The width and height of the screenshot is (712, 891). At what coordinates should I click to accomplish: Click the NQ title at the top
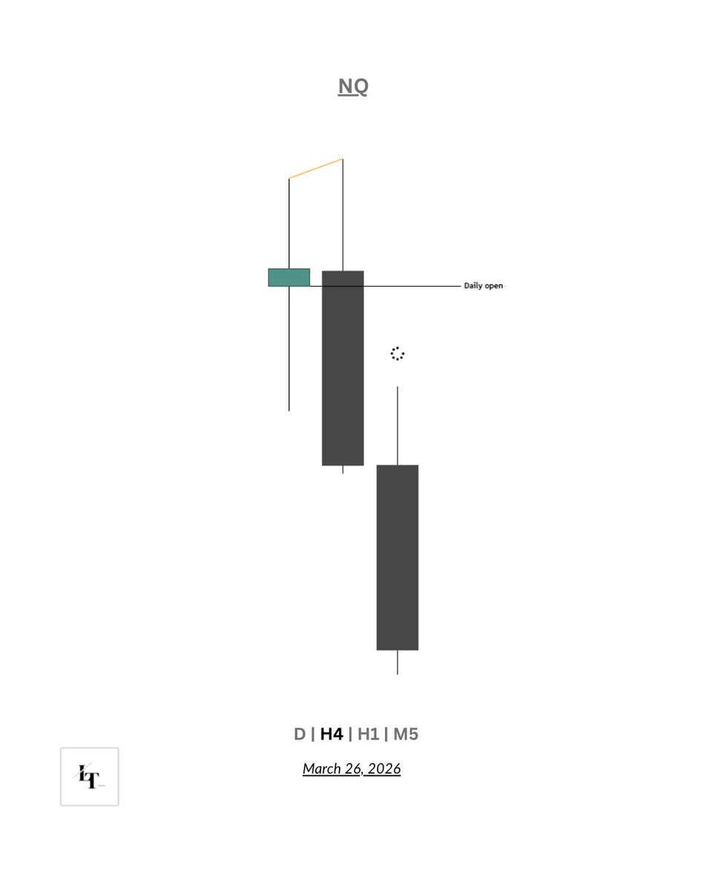353,86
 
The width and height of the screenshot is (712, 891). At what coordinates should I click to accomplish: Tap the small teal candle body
289,278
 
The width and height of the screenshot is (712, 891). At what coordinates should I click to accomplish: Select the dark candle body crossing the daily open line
343,368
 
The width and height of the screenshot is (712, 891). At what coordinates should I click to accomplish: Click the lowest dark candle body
398,558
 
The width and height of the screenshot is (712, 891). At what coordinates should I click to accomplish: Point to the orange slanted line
316,169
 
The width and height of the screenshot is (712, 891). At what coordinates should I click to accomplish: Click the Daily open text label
484,286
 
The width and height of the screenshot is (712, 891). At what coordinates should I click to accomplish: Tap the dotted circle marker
398,353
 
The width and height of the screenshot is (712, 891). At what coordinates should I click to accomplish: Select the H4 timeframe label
332,734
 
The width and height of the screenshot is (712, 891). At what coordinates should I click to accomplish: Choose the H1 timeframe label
368,734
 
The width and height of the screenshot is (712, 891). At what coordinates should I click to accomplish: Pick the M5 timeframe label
406,734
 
